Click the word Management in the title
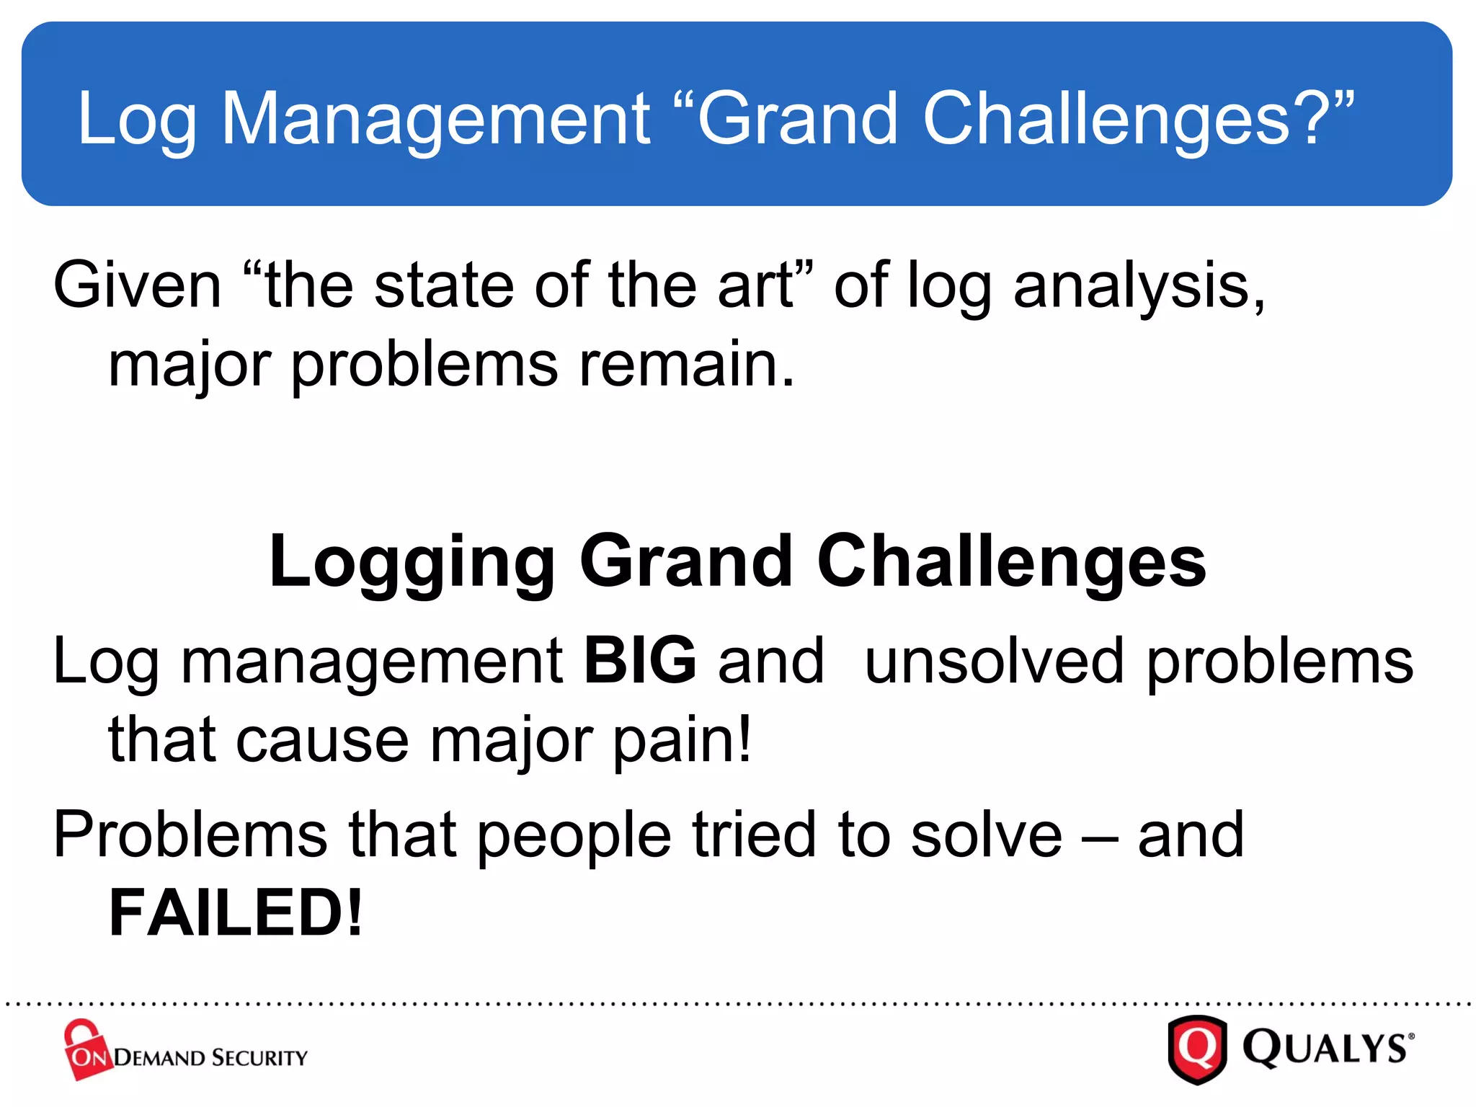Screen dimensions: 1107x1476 tap(435, 119)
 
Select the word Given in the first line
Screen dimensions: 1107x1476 tap(137, 285)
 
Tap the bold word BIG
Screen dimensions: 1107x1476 tap(640, 660)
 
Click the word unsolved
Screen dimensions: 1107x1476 tap(994, 660)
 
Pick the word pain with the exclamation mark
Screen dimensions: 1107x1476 tap(681, 741)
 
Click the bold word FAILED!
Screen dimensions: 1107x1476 tap(236, 913)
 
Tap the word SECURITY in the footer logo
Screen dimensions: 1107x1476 tap(259, 1058)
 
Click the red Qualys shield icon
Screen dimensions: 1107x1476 tap(1196, 1049)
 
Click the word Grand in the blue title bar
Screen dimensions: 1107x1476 tap(796, 119)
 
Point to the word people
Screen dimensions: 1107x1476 tap(574, 836)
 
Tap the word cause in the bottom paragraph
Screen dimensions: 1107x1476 tap(322, 741)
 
